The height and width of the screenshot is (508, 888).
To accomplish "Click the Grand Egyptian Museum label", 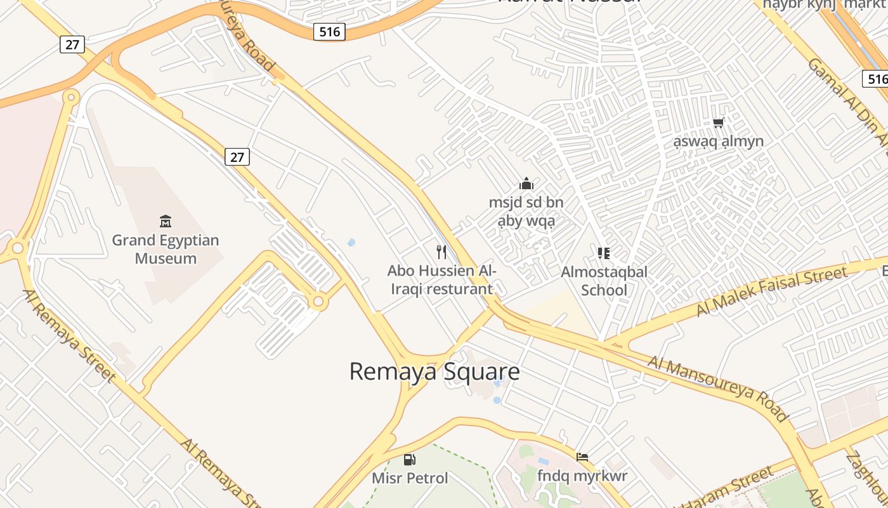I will pyautogui.click(x=166, y=250).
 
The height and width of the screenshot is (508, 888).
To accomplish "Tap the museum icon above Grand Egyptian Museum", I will pyautogui.click(x=166, y=222).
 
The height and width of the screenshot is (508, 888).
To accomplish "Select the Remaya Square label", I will pyautogui.click(x=434, y=371).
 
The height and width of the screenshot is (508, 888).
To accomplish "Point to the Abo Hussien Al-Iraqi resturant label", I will pyautogui.click(x=441, y=280).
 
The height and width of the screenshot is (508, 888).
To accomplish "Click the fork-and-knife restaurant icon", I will pyautogui.click(x=442, y=252).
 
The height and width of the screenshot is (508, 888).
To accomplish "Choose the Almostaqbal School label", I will pyautogui.click(x=604, y=281).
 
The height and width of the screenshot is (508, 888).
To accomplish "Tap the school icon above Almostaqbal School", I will pyautogui.click(x=604, y=253).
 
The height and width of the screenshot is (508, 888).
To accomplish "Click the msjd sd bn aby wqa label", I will pyautogui.click(x=526, y=211).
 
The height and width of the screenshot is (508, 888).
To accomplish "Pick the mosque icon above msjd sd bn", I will pyautogui.click(x=526, y=184).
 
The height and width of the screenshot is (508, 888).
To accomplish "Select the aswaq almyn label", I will pyautogui.click(x=718, y=141).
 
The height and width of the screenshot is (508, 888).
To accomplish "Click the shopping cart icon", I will pyautogui.click(x=718, y=123).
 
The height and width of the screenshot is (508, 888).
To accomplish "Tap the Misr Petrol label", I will pyautogui.click(x=410, y=478).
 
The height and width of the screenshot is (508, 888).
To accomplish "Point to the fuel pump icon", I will pyautogui.click(x=410, y=460).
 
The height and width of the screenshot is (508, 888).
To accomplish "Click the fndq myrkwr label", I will pyautogui.click(x=582, y=476).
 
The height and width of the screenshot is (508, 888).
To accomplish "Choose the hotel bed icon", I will pyautogui.click(x=582, y=457).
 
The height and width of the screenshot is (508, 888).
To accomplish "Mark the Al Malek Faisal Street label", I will pyautogui.click(x=771, y=291).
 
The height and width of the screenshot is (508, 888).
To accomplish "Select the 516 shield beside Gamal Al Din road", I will pyautogui.click(x=875, y=79).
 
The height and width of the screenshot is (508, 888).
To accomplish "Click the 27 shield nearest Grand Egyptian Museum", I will pyautogui.click(x=237, y=157).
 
